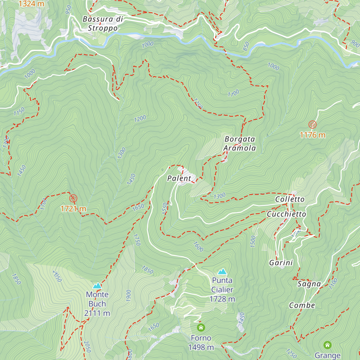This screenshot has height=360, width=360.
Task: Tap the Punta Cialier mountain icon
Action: [x=222, y=271]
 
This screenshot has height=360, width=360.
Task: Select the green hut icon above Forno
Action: [x=201, y=327]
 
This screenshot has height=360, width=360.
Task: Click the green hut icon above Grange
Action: [x=327, y=345]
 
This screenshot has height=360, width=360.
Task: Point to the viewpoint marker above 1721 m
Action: [x=73, y=198]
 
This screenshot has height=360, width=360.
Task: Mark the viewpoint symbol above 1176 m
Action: [x=312, y=124]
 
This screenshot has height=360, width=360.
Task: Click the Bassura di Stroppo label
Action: [x=103, y=24]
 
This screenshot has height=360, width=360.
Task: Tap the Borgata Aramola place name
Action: [x=240, y=143]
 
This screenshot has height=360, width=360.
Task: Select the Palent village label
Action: [x=179, y=178]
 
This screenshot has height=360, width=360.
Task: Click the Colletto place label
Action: [x=290, y=199]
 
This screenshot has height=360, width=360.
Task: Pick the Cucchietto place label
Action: [x=286, y=214]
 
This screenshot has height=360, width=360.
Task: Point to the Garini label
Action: [x=281, y=263]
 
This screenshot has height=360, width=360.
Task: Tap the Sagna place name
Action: [x=309, y=284]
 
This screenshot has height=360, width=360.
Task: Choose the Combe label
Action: [x=302, y=305]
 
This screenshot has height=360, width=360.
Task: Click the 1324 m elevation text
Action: [x=31, y=4]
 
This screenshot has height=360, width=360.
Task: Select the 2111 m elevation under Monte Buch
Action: [x=97, y=313]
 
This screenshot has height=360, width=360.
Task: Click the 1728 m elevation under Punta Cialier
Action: [x=222, y=299]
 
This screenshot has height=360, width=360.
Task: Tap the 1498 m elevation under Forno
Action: [x=201, y=347]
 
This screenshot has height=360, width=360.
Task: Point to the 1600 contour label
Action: [x=198, y=247]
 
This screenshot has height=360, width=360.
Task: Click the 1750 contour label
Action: [x=136, y=240]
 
